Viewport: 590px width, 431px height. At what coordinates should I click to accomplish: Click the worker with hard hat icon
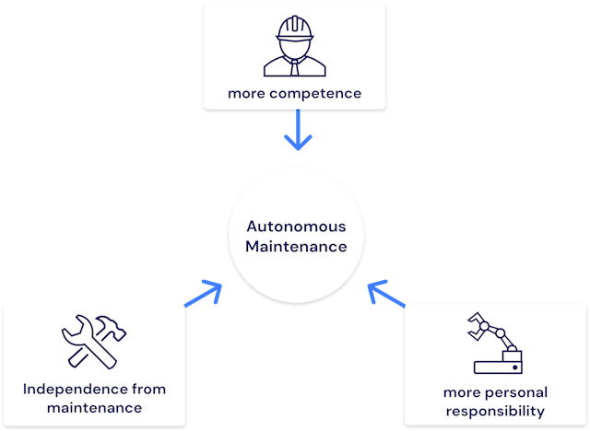pos(294,46)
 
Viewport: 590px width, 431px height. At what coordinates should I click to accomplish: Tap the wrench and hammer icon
pos(94,341)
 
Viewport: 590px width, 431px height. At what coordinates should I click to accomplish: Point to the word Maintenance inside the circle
pos(289,246)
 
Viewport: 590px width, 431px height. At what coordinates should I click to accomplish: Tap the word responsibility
pos(493,411)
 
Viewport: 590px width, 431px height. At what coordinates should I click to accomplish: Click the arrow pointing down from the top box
pos(298,131)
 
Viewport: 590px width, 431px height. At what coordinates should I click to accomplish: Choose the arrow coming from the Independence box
pos(205,295)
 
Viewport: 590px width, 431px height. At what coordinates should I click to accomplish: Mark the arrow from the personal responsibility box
pos(386,294)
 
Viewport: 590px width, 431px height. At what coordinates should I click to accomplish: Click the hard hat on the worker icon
pos(294,29)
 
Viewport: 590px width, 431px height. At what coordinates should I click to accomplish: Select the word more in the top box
pos(244,93)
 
